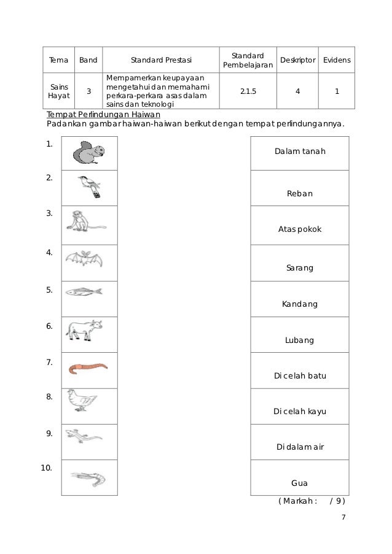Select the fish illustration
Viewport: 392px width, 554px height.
(x=84, y=291)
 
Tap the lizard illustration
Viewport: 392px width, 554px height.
(x=84, y=437)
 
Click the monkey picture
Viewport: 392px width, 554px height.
(x=83, y=222)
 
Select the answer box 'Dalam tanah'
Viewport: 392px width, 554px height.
(x=300, y=152)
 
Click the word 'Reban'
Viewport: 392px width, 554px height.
(x=300, y=194)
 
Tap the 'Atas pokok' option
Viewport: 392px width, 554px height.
(x=300, y=229)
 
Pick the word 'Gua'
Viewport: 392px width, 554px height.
(x=299, y=483)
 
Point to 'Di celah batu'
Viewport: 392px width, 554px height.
(x=300, y=375)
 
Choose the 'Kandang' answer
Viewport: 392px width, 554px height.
(x=300, y=304)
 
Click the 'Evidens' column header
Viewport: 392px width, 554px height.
(x=337, y=60)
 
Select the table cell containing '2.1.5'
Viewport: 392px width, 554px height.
(x=248, y=91)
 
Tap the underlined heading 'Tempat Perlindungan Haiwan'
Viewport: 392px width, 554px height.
(x=103, y=115)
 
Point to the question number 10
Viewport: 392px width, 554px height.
(x=46, y=468)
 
